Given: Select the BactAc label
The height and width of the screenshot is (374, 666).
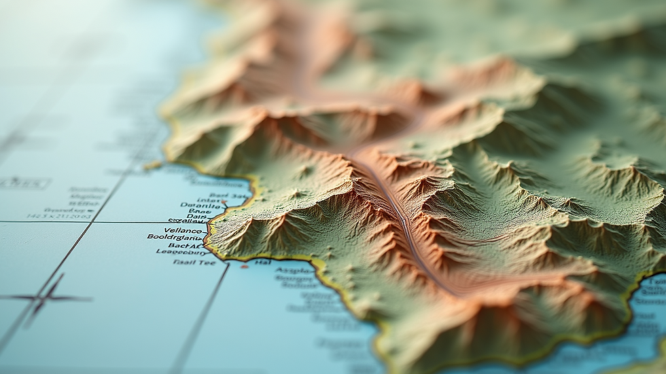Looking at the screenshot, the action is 186,245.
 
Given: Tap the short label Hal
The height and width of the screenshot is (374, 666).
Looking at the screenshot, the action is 263,261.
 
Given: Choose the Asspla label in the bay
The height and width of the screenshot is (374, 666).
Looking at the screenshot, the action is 294,269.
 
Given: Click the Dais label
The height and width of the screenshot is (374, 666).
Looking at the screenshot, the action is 196,217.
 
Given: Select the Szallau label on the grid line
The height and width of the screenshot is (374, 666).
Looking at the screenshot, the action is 188,221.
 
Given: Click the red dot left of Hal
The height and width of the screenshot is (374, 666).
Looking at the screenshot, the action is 244,265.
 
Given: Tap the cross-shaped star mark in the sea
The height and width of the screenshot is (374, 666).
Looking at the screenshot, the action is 46,297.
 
